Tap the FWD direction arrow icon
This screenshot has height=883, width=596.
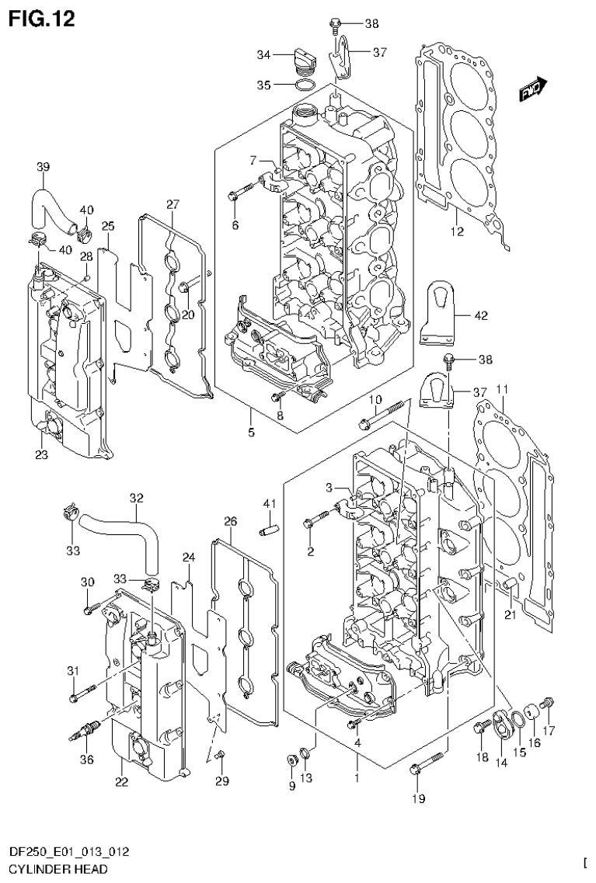point(534,91)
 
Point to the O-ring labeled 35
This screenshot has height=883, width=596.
point(306,83)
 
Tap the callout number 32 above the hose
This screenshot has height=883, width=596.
point(137,498)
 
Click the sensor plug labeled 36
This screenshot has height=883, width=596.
point(86,730)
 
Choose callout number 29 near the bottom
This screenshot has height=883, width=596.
point(222,780)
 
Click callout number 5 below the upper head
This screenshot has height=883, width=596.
point(252,432)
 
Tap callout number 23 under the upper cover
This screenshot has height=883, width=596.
point(41,455)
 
